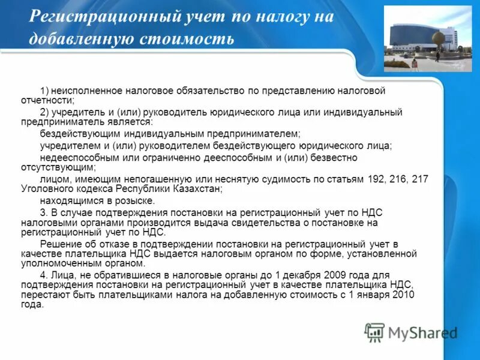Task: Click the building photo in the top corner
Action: point(428,38)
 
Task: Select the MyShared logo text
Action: point(422,332)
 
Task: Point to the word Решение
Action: point(59,244)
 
